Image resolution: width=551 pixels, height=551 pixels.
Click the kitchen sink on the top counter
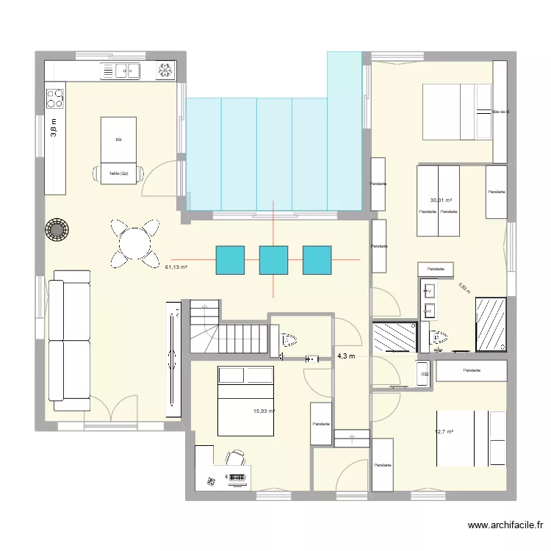(x=127, y=71)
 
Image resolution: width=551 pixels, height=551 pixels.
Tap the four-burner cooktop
(x=55, y=98)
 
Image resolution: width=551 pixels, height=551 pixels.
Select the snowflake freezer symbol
(x=165, y=71)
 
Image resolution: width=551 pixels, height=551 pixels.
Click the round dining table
(x=134, y=242)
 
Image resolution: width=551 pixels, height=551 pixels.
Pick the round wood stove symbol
(x=57, y=229)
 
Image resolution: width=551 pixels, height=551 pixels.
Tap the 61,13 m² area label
(x=177, y=267)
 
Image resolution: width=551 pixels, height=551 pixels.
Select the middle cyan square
(x=273, y=260)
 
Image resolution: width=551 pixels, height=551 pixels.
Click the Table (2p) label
(x=118, y=173)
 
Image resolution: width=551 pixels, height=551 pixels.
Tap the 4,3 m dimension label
(x=346, y=356)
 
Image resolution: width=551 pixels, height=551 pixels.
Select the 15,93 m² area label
(x=262, y=411)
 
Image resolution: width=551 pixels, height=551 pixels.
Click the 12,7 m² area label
(x=444, y=432)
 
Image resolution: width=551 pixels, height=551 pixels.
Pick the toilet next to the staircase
(x=288, y=340)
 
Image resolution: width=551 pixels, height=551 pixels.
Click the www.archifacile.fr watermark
(x=505, y=525)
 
